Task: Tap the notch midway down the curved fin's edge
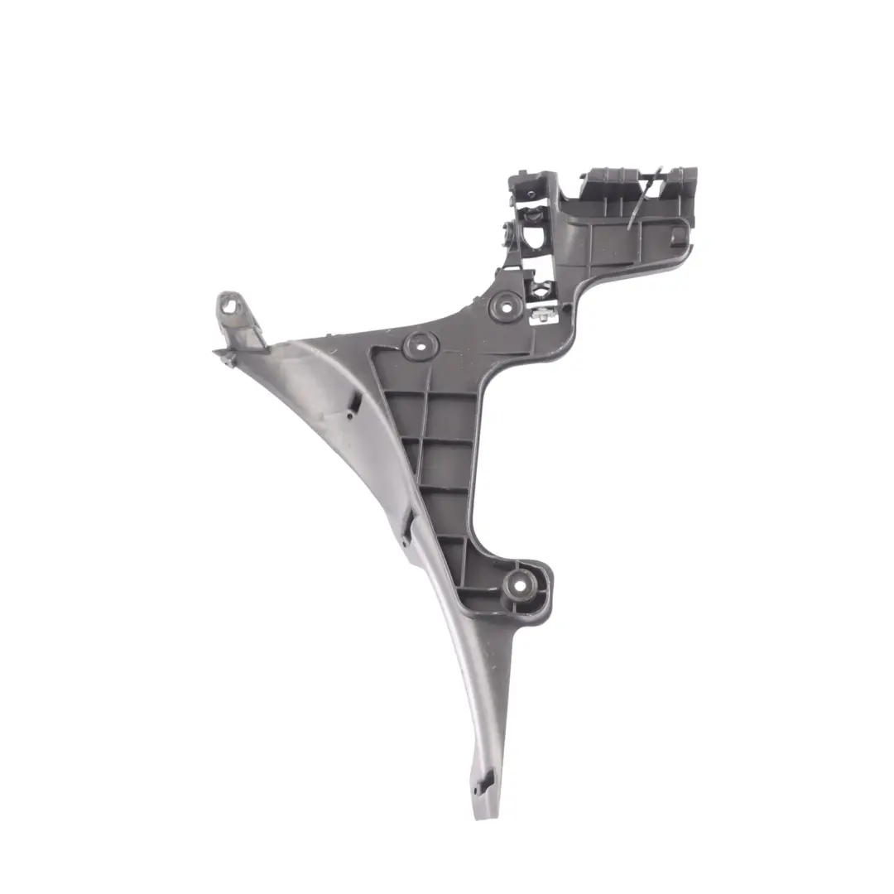click(407, 526)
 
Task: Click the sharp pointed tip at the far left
click(216, 351)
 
